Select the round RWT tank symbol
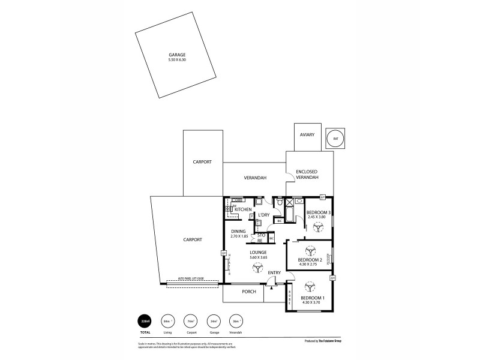[335, 139]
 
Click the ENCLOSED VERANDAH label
[307, 175]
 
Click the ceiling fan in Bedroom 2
[310, 250]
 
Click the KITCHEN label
[242, 209]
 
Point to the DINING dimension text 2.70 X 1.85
[240, 236]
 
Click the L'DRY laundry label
[264, 215]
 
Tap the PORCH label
[249, 292]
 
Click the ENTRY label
[274, 272]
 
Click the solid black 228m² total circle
[145, 321]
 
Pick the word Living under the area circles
[167, 331]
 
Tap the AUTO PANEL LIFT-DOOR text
[191, 278]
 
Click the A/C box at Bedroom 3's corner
[322, 197]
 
